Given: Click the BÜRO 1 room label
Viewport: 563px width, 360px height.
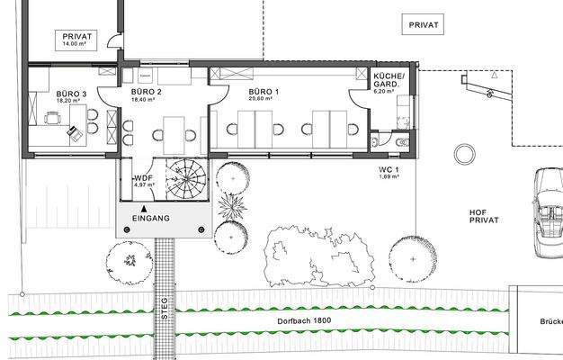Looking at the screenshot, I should pos(264,92).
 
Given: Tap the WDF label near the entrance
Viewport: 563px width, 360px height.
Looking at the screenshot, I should pos(143,178).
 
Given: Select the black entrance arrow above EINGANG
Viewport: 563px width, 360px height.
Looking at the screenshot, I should pos(144,208).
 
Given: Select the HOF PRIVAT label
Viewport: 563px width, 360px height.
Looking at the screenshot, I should pos(484,215).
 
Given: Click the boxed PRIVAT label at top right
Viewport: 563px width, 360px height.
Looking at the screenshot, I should pos(423,24).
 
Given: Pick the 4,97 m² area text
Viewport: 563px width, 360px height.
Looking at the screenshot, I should pos(143,185).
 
